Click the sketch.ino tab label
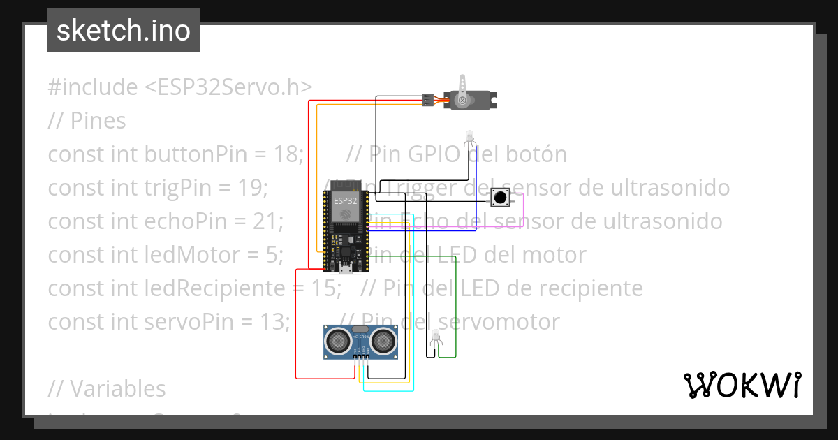click(124, 31)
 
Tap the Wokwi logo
click(742, 385)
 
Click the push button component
click(499, 198)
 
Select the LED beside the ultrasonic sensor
click(436, 337)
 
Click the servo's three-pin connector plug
click(428, 100)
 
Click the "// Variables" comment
click(107, 388)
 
